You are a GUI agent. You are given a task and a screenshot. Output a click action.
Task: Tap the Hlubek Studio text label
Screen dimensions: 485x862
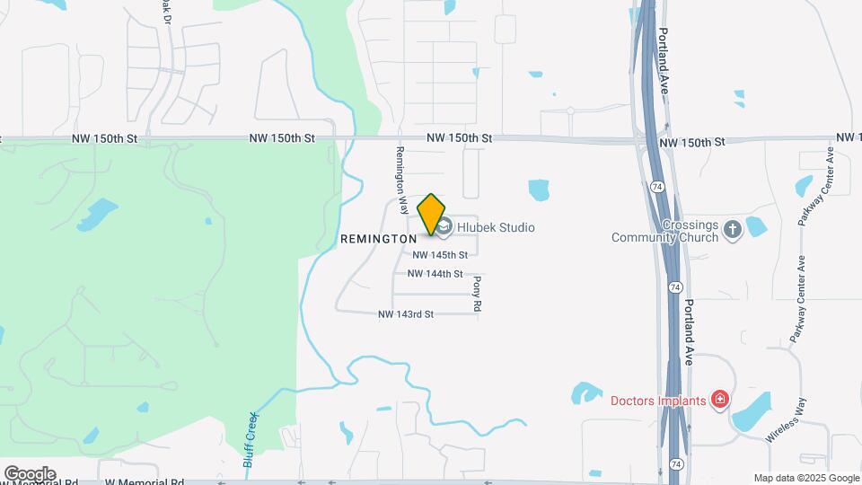click(x=496, y=227)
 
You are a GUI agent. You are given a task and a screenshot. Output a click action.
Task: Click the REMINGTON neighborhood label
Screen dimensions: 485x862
click(x=378, y=239)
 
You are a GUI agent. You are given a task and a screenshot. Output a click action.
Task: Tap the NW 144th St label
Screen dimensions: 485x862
click(x=435, y=274)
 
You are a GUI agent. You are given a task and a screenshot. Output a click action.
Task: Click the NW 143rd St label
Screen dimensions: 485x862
click(x=406, y=314)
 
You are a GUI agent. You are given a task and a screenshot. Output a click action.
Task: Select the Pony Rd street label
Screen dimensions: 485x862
click(x=477, y=294)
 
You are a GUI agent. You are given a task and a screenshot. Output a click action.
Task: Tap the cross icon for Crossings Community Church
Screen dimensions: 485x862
click(x=732, y=228)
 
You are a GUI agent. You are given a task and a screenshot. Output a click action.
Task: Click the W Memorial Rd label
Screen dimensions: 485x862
click(x=144, y=481)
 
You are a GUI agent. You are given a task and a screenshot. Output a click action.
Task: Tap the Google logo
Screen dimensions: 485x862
click(x=30, y=473)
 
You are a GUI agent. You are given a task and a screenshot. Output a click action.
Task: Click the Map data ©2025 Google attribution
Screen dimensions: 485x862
click(x=806, y=478)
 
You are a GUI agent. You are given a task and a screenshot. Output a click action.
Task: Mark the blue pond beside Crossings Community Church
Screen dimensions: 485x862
click(x=757, y=225)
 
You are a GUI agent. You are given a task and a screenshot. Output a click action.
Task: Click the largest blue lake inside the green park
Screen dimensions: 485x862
click(x=99, y=213)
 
